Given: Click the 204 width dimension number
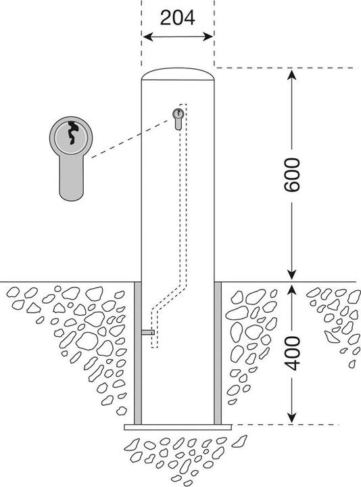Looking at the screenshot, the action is coord(178,18).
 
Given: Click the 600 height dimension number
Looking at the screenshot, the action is coord(292,175).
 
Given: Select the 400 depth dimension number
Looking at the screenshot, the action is coord(293,354).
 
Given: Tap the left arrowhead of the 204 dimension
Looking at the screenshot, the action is coord(148,37).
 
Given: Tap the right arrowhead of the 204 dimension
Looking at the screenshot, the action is coord(208,37).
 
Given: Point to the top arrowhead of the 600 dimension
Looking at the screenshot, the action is coord(291,75).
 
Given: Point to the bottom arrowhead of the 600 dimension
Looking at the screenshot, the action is coord(291,275).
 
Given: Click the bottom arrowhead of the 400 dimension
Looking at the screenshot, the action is coord(291,418).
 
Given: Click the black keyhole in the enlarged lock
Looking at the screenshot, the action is coord(72,133).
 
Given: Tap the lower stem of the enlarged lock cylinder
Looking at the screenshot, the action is coord(71,177).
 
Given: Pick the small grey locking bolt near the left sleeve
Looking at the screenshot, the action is coord(148,332).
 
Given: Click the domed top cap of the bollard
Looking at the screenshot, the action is coord(178,74).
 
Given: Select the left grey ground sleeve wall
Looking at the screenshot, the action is coord(138,353).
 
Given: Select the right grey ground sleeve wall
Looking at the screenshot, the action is coord(218,353).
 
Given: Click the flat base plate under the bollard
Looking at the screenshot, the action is coord(178,427).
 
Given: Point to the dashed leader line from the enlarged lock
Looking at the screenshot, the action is coord(133,139).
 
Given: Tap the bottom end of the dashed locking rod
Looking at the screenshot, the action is coord(155,347).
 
